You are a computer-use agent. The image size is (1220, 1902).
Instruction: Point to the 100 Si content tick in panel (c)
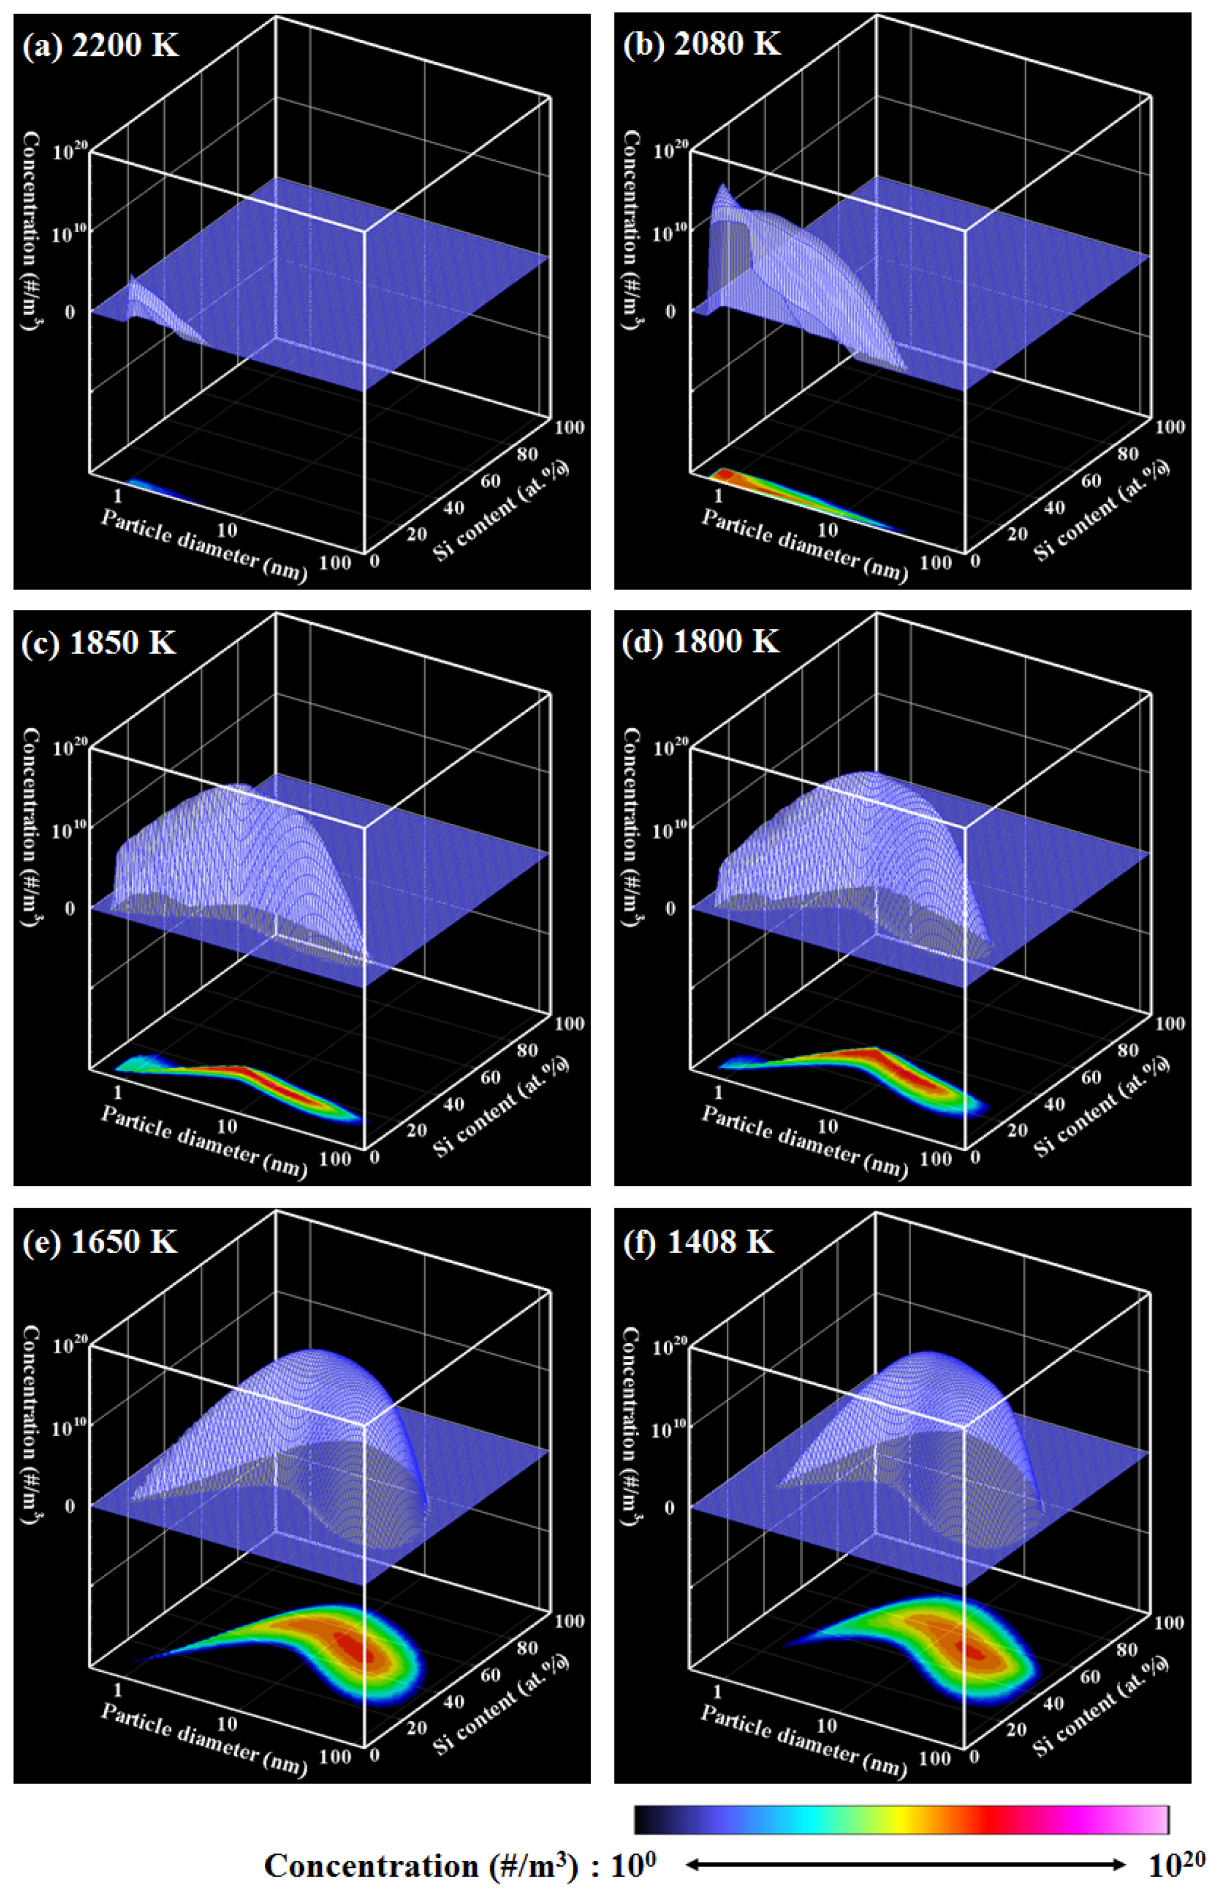point(569,1023)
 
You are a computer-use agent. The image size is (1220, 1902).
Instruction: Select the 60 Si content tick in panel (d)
point(1091,1078)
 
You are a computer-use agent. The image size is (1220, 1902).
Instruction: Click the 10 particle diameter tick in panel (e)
point(227,1723)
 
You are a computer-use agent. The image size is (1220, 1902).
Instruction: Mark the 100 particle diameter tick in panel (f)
point(936,1757)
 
